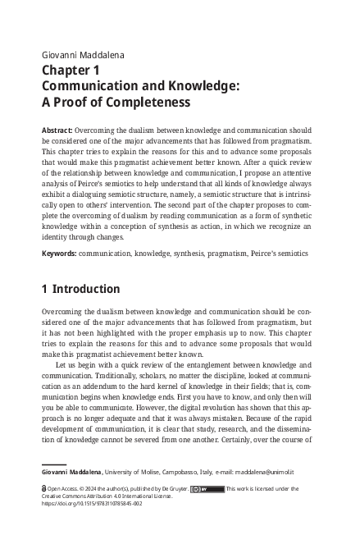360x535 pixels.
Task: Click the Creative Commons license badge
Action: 201,488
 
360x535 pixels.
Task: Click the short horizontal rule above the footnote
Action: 53,463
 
